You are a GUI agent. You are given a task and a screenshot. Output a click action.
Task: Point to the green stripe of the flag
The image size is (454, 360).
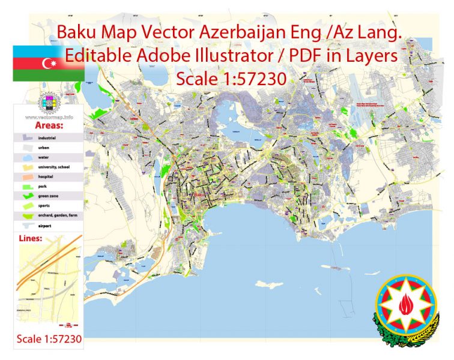(x=48, y=75)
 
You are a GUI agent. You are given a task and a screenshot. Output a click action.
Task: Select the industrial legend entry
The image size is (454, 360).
(x=46, y=138)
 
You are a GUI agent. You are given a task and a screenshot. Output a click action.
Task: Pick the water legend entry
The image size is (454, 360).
(x=42, y=158)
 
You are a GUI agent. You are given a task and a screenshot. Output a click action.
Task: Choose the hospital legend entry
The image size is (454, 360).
(x=44, y=177)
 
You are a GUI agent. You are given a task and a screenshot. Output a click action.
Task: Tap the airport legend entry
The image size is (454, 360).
(x=43, y=226)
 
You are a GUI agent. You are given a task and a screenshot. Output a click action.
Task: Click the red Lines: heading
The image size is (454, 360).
(x=35, y=238)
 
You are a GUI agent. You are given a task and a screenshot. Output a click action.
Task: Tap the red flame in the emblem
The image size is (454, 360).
(x=404, y=307)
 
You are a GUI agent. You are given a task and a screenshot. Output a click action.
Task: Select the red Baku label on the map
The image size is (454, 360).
(x=199, y=196)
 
